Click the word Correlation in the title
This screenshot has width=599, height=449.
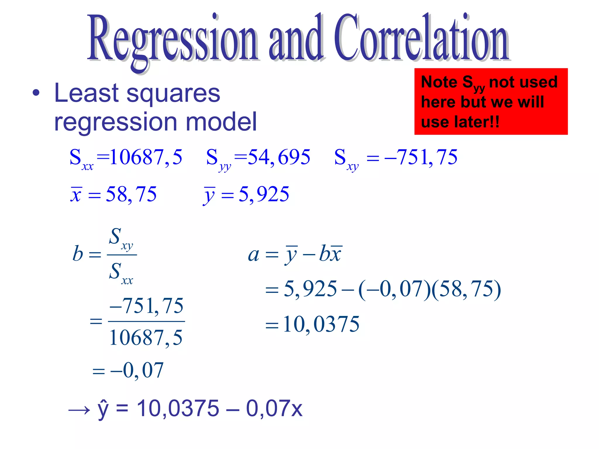pos(421,38)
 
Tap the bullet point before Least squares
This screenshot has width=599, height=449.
pos(36,93)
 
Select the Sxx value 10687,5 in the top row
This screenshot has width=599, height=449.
pos(146,157)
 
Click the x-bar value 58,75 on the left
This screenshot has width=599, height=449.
pos(131,194)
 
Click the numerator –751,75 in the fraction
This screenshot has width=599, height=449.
pos(146,306)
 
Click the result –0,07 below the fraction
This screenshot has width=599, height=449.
pos(137,370)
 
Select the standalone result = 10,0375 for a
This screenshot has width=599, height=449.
pos(321,324)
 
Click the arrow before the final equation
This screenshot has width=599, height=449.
pos(79,410)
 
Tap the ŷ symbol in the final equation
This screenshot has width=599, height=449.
pos(103,409)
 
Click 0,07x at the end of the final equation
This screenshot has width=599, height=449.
pos(274,408)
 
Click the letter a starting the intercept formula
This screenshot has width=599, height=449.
pos(253,255)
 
